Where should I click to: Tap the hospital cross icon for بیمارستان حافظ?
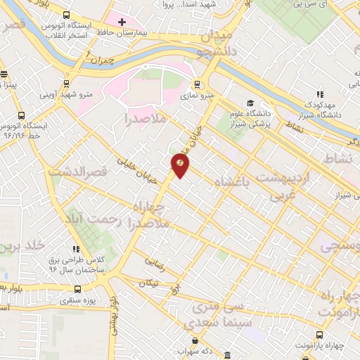pos(122,22)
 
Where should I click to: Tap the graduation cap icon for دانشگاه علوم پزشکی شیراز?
pos(251,103)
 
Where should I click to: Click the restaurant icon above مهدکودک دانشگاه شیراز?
pos(320,95)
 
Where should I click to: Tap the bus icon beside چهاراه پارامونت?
pos(321,335)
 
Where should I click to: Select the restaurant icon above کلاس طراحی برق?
pos(77,248)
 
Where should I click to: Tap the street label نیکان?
pos(149,283)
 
